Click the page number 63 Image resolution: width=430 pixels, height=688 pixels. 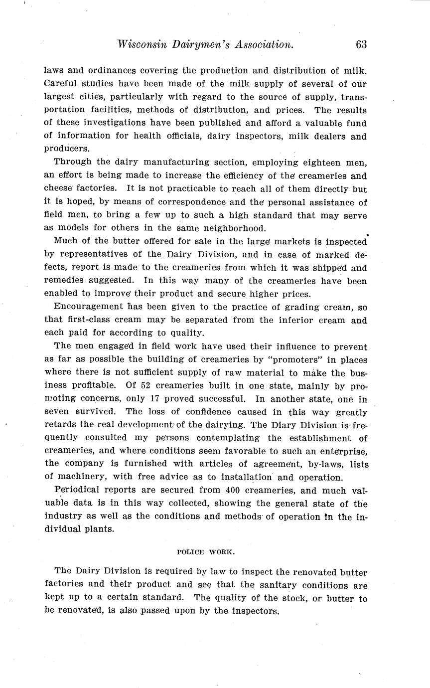point(361,44)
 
